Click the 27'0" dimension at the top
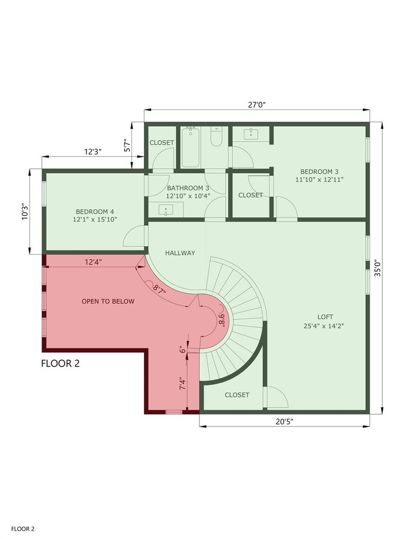coord(257,105)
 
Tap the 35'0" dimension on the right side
coord(378,268)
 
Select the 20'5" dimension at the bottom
coord(284,422)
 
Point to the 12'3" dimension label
coord(93,152)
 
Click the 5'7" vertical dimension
coord(128,145)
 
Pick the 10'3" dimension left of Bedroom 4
coord(25,212)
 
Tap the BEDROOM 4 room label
coord(95,212)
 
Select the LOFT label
coord(325,317)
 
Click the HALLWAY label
coord(180,253)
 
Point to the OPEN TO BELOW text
coord(108,302)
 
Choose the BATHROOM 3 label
coord(188,188)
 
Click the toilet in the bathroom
coord(216,136)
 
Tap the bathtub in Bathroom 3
coord(190,147)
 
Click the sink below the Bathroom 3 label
coord(166,209)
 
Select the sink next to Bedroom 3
coord(252,134)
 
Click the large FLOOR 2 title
coord(60,363)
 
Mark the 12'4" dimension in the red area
coord(93,262)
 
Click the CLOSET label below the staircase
coord(237,395)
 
